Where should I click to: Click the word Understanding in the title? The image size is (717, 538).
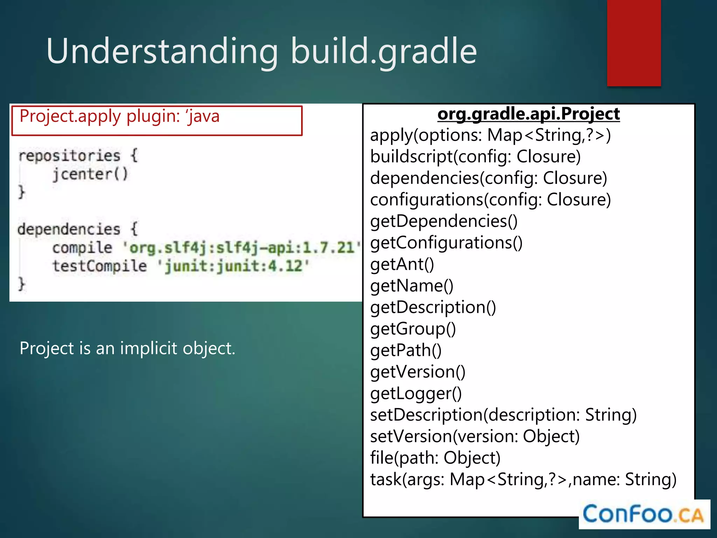pos(162,51)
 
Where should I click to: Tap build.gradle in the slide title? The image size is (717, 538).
pos(384,51)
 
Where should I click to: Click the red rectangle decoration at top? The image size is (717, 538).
pos(634,43)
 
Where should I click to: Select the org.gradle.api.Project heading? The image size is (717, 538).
pos(529,114)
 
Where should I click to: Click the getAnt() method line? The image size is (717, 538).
pos(402,264)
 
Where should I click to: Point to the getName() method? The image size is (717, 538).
pos(412,286)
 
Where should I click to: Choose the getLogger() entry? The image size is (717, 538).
pos(416,393)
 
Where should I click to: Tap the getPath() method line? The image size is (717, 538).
pos(406,350)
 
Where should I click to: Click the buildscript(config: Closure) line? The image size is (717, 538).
pos(475,157)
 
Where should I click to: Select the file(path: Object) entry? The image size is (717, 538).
pos(435,458)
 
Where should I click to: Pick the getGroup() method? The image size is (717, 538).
pos(413,329)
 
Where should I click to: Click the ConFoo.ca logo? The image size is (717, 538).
pos(643,514)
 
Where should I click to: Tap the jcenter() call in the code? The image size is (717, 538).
pos(90,174)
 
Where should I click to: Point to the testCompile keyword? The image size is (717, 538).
pos(99,266)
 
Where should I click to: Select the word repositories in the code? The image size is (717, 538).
pos(69,156)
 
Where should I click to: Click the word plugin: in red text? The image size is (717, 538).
pos(153,116)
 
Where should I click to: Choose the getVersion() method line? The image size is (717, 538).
pos(418,372)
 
